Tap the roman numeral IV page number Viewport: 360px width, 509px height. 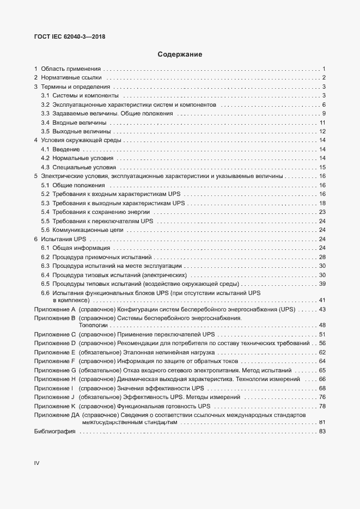pyautogui.click(x=37, y=463)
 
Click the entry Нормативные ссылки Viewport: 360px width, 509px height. pyautogui.click(x=71, y=78)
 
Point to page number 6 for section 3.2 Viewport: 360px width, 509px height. pyautogui.click(x=324, y=105)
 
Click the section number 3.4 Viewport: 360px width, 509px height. pyautogui.click(x=46, y=123)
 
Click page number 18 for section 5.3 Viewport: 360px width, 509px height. pyautogui.click(x=322, y=203)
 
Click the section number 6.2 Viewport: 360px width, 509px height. pyautogui.click(x=46, y=257)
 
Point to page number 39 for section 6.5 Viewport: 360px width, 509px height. pyautogui.click(x=322, y=284)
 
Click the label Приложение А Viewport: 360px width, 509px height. pyautogui.click(x=54, y=309)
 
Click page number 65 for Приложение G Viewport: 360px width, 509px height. pyautogui.click(x=322, y=370)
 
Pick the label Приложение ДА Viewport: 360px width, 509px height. pyautogui.click(x=57, y=415)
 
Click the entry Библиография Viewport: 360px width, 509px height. pyautogui.click(x=54, y=432)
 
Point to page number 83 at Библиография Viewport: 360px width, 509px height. pyautogui.click(x=322, y=432)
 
